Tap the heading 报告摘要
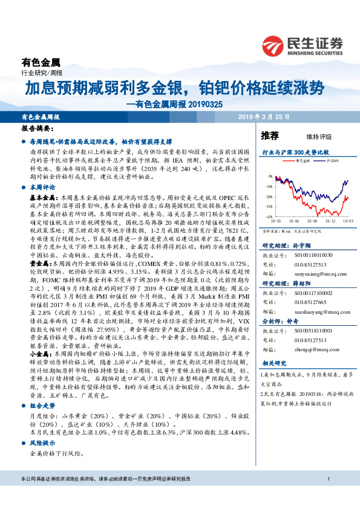point(36,129)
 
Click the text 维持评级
point(309,136)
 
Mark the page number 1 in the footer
point(327,496)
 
